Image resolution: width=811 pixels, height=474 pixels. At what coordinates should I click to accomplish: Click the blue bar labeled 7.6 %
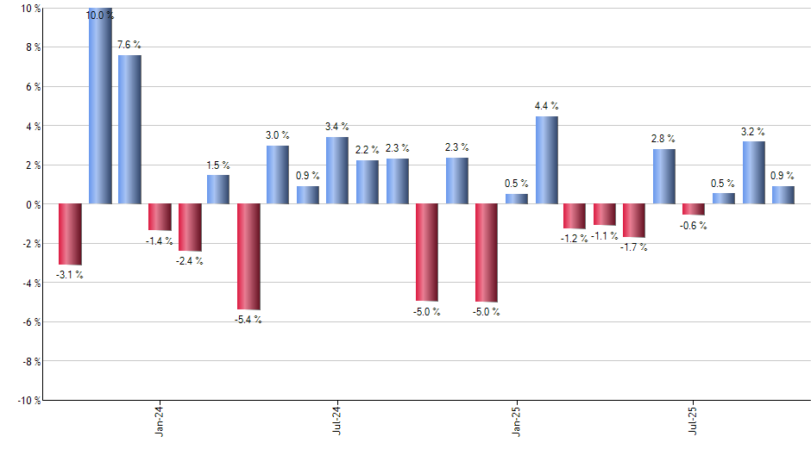coord(129,129)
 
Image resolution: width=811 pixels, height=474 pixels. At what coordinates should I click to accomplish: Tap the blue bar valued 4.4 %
coord(547,160)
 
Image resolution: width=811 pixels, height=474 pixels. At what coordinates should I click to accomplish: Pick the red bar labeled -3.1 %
coord(70,234)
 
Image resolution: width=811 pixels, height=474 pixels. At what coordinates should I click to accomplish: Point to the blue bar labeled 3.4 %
coord(337,171)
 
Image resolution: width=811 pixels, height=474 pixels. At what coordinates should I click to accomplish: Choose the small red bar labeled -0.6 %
coord(693,209)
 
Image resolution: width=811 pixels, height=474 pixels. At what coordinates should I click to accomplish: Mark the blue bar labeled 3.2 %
coord(754,172)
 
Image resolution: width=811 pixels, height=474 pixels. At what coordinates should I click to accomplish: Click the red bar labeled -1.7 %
coord(634,221)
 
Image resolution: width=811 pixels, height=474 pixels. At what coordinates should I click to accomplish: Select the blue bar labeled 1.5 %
coord(218,189)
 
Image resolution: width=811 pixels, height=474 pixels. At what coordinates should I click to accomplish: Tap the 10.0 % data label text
coord(99,15)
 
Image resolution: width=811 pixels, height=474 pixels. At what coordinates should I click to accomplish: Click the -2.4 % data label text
coord(189,261)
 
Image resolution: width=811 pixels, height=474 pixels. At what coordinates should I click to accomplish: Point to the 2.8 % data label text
coord(663,138)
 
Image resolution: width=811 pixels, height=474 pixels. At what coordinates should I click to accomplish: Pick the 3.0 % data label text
coord(278,134)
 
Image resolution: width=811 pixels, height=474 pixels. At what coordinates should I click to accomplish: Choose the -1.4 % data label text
coord(160,240)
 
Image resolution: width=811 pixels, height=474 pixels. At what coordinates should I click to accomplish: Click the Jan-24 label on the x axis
coord(160,422)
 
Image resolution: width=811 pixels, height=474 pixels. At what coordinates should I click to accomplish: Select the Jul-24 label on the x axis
coord(337,422)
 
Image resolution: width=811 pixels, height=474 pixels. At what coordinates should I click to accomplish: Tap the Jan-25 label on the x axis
coord(516,422)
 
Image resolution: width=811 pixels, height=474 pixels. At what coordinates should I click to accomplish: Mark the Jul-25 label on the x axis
coord(694,422)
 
